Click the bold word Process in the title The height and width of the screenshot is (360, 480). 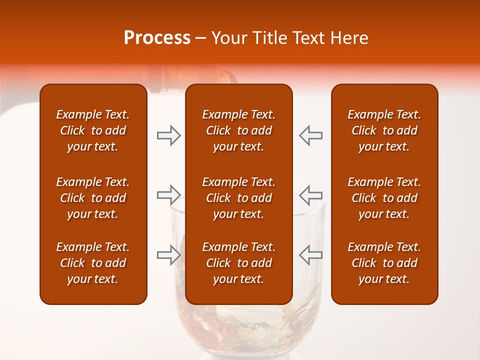[157, 38]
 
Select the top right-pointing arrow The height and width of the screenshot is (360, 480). [169, 135]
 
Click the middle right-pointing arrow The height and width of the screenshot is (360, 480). [169, 194]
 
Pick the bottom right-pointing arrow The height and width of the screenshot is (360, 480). [169, 254]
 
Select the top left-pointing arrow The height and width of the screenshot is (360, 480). [310, 135]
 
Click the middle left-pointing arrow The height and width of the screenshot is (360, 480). [310, 194]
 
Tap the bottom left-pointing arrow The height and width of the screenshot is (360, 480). [310, 254]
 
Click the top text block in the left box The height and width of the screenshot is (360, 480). [93, 130]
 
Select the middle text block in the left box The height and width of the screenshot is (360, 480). [93, 198]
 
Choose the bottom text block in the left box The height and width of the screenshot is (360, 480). [93, 263]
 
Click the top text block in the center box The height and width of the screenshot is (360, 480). [238, 130]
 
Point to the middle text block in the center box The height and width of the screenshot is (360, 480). [238, 198]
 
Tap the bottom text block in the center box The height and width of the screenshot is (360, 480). [238, 263]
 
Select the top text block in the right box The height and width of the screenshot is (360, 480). [384, 130]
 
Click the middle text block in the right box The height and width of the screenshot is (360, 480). [384, 198]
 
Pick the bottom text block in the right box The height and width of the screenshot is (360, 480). [384, 263]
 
